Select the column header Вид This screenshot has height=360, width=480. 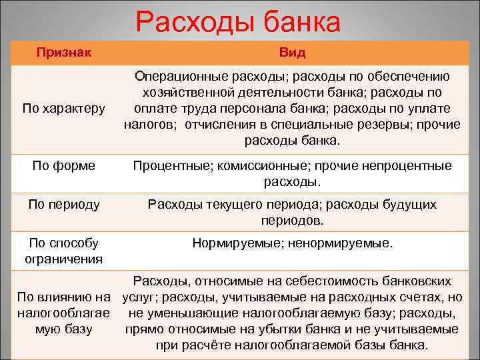click(292, 52)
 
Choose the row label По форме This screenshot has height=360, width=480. click(63, 165)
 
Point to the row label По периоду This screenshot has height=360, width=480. click(64, 204)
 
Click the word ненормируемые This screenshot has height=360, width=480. click(341, 244)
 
